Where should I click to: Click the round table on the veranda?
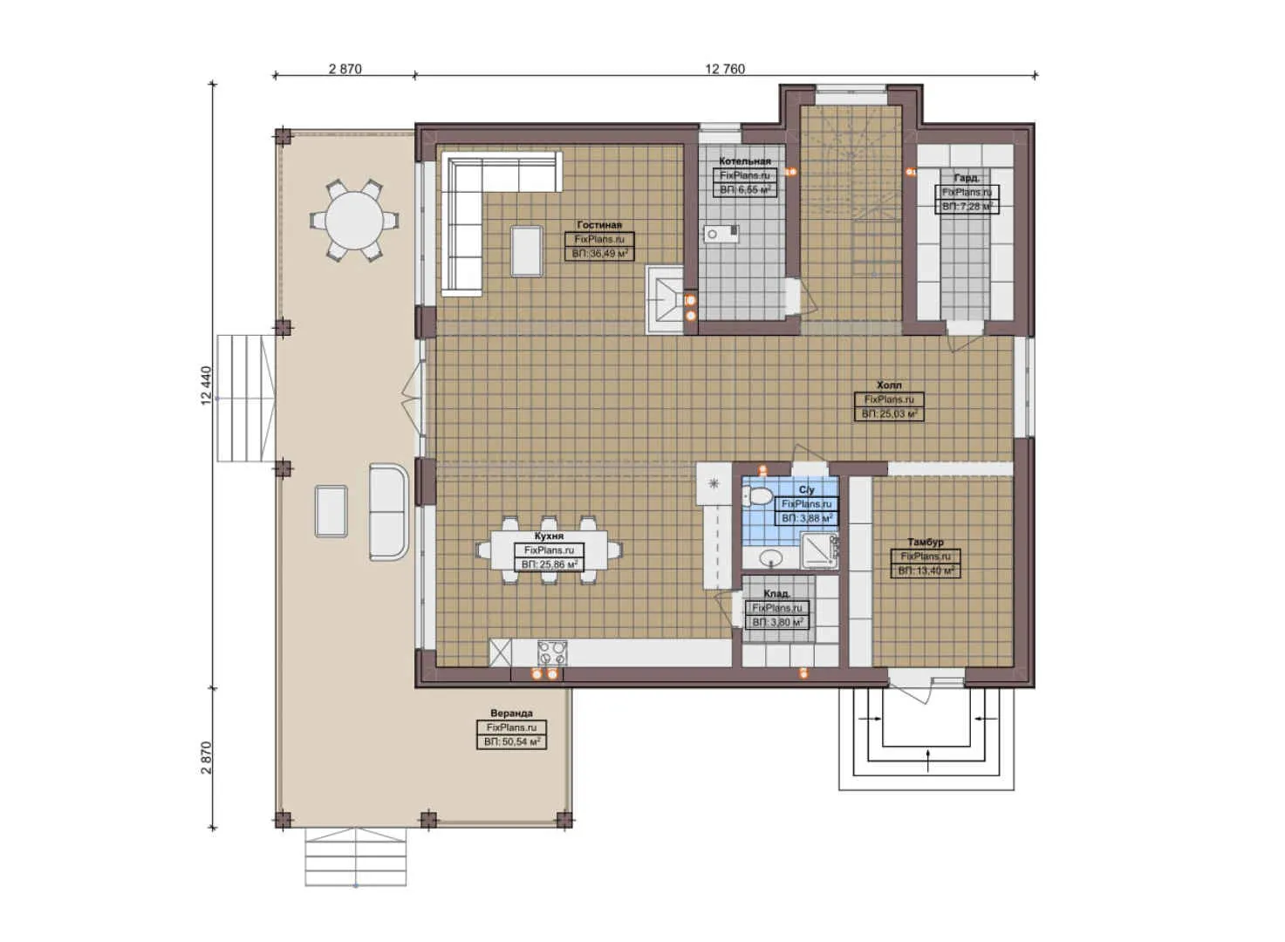[353, 220]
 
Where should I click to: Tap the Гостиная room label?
[599, 225]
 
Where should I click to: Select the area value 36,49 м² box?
[599, 254]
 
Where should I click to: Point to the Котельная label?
[744, 161]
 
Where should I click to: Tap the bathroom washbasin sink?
[771, 557]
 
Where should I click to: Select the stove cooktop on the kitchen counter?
[551, 652]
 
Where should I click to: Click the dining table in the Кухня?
[550, 550]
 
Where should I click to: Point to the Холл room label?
[889, 385]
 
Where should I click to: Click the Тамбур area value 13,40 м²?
[926, 571]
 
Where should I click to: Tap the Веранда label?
[511, 713]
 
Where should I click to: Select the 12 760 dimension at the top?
[725, 69]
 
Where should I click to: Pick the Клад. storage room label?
[776, 594]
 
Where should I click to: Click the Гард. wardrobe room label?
[966, 178]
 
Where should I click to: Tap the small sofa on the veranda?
[388, 512]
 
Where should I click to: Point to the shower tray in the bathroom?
[819, 550]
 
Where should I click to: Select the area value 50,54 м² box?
[512, 742]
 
